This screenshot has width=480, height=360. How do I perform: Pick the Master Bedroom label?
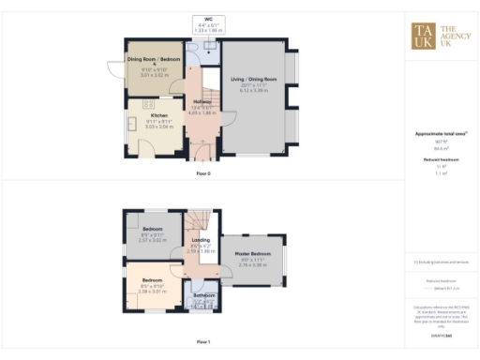(x=254, y=254)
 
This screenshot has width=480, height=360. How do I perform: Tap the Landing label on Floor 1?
(x=201, y=241)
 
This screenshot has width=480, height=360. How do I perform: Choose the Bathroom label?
(x=204, y=295)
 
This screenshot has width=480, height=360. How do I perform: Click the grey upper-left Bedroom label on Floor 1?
(x=152, y=229)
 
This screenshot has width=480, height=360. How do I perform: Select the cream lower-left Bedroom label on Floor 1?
(x=152, y=280)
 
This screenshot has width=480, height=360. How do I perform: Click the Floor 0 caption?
(x=203, y=174)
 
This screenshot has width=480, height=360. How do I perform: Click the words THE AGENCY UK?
(x=453, y=34)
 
